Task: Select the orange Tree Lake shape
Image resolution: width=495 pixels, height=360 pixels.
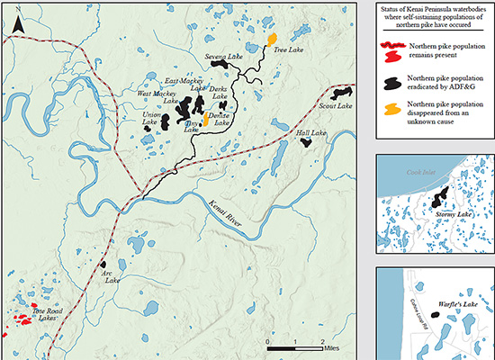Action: click(271, 40)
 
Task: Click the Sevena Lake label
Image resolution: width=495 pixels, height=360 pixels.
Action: click(224, 58)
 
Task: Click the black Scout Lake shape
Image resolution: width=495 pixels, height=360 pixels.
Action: click(340, 94)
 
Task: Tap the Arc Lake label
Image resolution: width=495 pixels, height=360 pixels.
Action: click(111, 276)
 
